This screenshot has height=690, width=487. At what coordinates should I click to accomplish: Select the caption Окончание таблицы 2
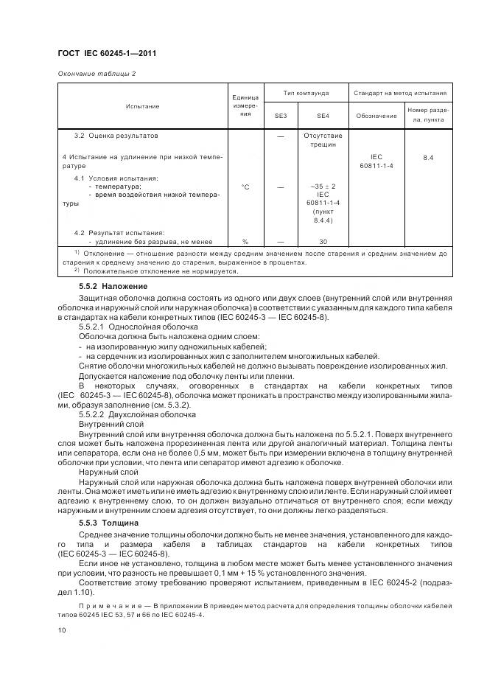[x=97, y=73]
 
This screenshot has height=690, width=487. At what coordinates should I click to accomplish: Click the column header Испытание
[x=143, y=106]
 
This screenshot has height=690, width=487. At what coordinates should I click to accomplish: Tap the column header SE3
[x=280, y=116]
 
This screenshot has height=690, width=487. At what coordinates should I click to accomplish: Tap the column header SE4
[x=323, y=116]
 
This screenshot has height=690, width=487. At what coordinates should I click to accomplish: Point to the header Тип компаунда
[x=301, y=94]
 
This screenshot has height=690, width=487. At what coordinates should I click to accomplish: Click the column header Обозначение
[x=376, y=116]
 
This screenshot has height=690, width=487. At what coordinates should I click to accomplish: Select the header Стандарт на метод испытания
[x=400, y=94]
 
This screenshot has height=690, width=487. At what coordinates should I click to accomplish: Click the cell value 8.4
[x=428, y=158]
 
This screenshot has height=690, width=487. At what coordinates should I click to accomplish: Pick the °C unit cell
[x=245, y=187]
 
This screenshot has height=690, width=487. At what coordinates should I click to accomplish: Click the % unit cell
[x=245, y=241]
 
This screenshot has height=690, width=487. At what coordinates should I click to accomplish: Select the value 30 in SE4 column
[x=323, y=241]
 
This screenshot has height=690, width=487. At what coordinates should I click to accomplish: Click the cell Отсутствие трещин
[x=323, y=140]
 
